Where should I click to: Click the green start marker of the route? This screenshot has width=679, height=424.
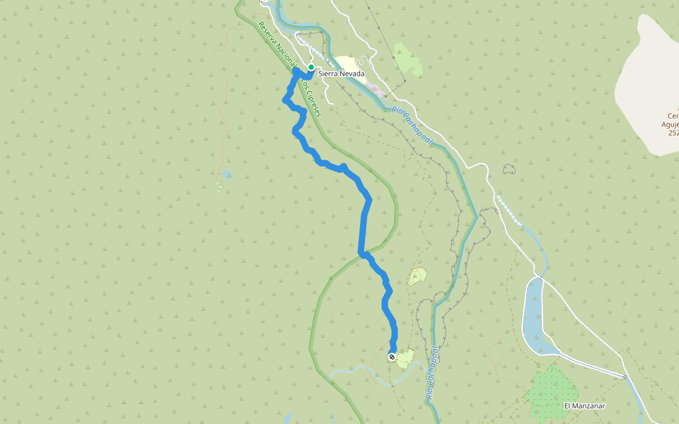tap(311, 67)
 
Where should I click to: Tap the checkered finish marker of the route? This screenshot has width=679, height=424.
tap(392, 358)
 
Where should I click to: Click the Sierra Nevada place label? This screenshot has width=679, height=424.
tap(342, 73)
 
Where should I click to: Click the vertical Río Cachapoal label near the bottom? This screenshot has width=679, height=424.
tap(432, 375)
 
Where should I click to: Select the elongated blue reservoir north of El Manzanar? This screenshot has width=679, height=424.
tap(534, 314)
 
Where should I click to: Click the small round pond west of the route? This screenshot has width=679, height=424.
tap(226, 173)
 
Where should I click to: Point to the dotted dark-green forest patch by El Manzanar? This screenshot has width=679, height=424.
tap(549, 392)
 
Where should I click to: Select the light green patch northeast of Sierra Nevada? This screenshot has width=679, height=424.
tap(408, 61)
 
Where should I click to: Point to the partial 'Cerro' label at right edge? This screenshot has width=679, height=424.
tap(673, 116)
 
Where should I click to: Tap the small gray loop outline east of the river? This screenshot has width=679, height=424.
tap(509, 169)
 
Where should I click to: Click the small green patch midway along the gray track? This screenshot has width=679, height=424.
tap(417, 275)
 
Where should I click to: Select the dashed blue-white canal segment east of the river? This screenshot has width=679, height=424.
tap(509, 210)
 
